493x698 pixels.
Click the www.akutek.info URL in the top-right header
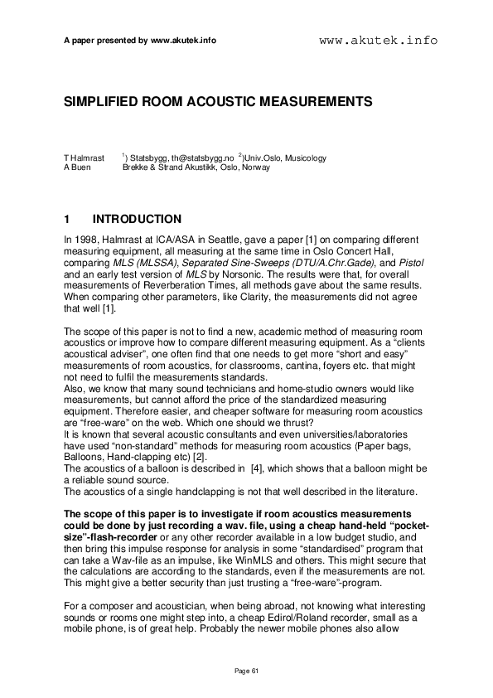point(378,40)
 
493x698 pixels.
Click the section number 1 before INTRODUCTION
point(67,220)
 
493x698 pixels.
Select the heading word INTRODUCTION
point(137,220)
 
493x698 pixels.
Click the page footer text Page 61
point(246,670)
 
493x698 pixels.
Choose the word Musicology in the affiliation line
point(303,158)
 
